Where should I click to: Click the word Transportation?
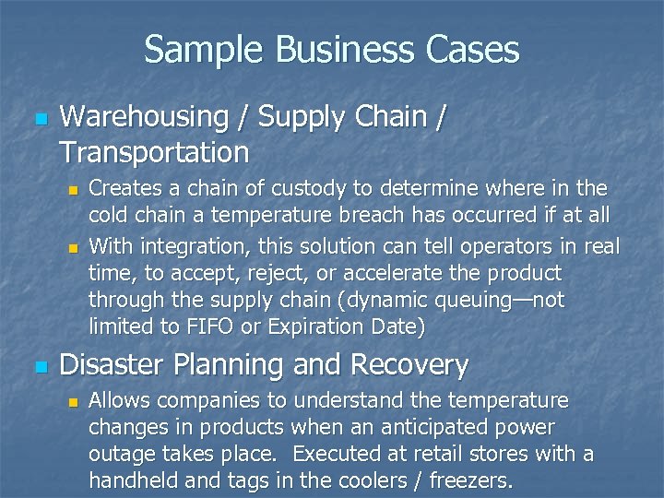[154, 150]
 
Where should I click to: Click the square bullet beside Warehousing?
[38, 119]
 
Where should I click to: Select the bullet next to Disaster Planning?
[38, 367]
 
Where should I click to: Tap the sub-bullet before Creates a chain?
[74, 191]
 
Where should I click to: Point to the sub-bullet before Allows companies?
[74, 401]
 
